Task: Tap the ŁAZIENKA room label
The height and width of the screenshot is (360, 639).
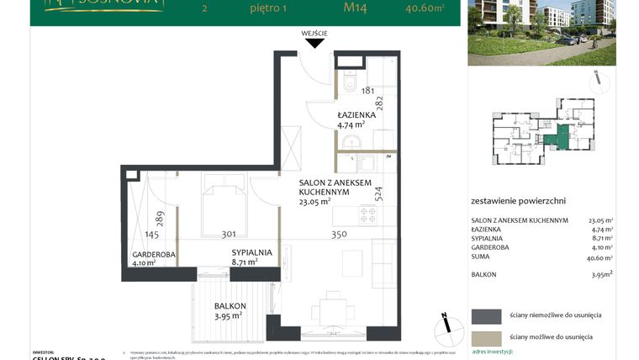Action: [x=356, y=114]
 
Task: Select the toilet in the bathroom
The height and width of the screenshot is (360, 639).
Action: [x=351, y=84]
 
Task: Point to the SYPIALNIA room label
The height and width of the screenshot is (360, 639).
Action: [x=252, y=251]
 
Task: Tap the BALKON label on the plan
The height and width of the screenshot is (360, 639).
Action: [x=229, y=306]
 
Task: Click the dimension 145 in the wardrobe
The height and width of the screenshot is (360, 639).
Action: [x=151, y=235]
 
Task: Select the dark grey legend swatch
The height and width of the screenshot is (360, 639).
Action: [x=485, y=315]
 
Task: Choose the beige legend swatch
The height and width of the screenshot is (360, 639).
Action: [x=485, y=336]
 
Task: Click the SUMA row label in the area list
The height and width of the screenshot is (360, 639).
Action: [x=481, y=258]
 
